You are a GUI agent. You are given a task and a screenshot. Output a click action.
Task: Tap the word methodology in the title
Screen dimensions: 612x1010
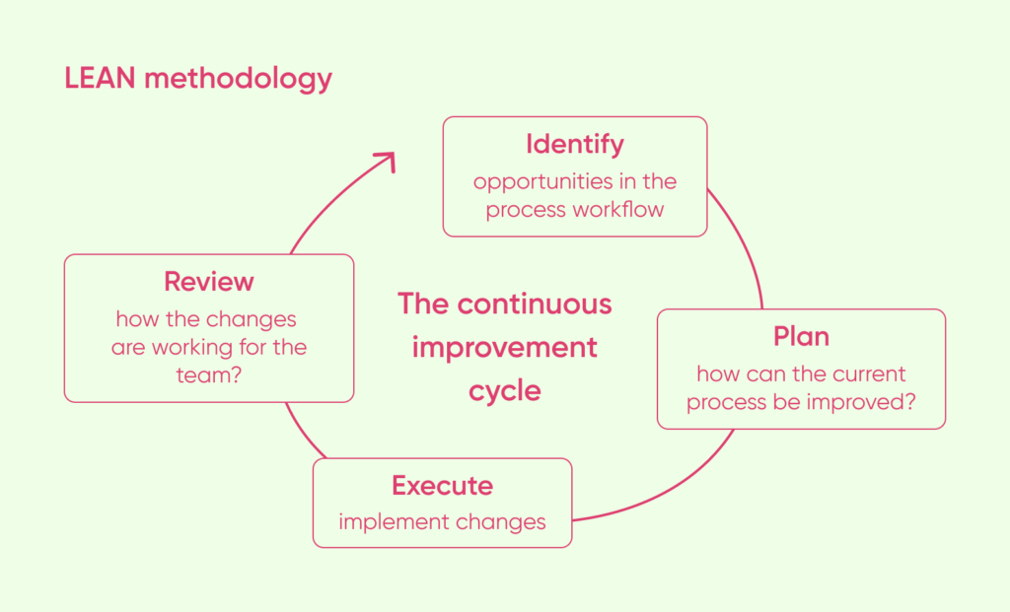pyautogui.click(x=238, y=79)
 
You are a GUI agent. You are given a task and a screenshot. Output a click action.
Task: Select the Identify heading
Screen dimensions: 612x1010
pyautogui.click(x=574, y=145)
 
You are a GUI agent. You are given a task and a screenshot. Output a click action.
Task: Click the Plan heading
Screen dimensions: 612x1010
pyautogui.click(x=801, y=337)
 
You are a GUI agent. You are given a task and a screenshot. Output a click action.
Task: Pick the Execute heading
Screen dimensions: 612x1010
pyautogui.click(x=442, y=486)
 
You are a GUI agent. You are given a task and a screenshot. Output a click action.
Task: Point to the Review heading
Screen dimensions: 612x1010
pyautogui.click(x=208, y=282)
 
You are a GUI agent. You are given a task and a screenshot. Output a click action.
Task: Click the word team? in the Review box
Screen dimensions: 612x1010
pyautogui.click(x=208, y=375)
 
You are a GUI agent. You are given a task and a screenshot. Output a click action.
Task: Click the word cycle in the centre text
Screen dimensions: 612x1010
pyautogui.click(x=504, y=390)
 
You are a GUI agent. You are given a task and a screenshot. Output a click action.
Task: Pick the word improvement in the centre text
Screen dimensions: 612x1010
pyautogui.click(x=504, y=347)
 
